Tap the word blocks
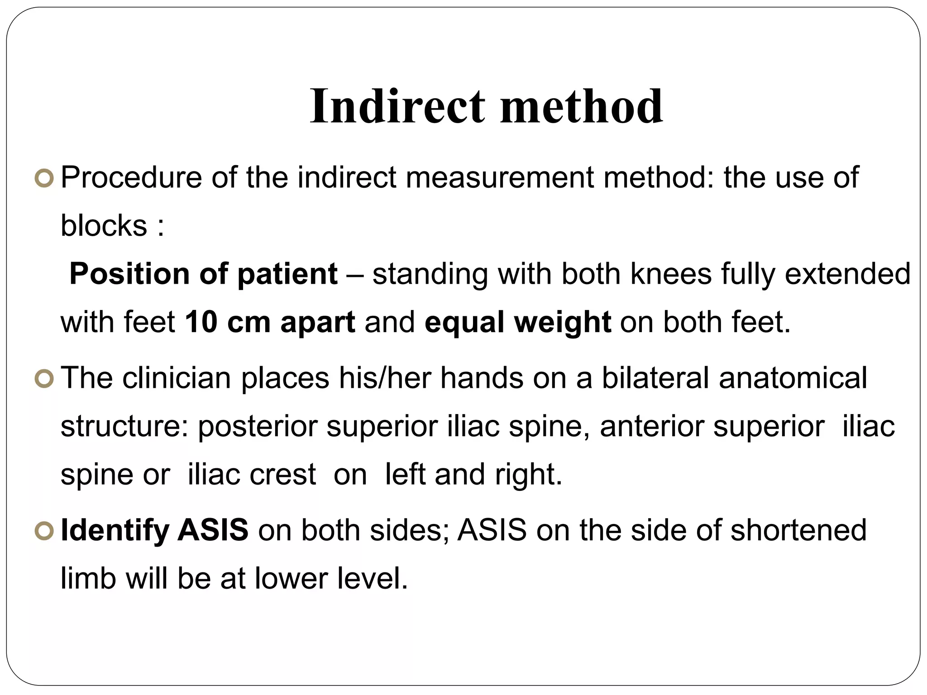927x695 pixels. coord(104,226)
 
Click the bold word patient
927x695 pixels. coord(287,274)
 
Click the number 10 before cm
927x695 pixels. coord(201,323)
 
